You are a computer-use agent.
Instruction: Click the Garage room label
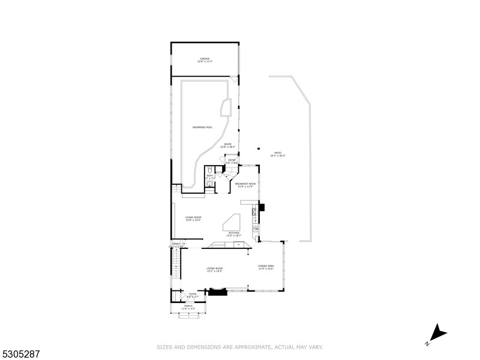[x=205, y=58]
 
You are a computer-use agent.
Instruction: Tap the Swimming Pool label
[x=202, y=127]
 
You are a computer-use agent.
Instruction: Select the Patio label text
[x=278, y=153]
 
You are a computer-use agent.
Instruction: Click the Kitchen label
[x=234, y=233]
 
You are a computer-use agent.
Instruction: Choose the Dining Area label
[x=266, y=266]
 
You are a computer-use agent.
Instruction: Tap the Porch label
[x=188, y=305]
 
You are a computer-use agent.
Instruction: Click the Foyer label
[x=192, y=294]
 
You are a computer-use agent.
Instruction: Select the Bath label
[x=210, y=176]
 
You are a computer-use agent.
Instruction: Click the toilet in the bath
[x=209, y=170]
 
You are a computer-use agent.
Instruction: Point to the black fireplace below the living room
[x=217, y=292]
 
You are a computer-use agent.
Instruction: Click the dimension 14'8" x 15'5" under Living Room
[x=193, y=220]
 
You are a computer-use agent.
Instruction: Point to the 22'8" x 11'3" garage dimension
[x=205, y=62]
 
